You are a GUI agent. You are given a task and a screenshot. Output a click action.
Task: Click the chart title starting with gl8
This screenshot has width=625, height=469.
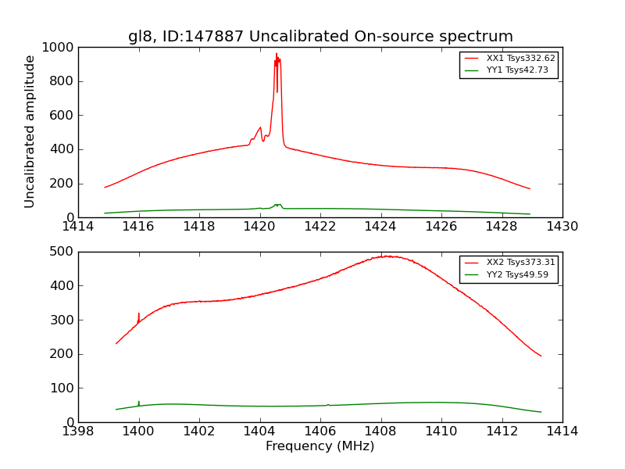pos(320,37)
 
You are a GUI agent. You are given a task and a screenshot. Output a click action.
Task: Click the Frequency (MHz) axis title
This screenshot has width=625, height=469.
pos(320,446)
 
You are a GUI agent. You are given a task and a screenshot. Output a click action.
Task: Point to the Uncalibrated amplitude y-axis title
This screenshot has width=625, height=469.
pos(30,131)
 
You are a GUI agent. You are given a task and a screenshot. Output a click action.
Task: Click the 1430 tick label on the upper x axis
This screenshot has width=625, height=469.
pos(562,227)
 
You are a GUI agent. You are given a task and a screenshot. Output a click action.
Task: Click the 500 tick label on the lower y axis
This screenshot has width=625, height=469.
pos(62,252)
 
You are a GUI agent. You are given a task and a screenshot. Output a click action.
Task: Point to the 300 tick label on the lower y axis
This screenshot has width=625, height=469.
pos(62,320)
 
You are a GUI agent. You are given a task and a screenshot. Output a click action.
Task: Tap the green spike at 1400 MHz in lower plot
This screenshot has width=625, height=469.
pos(139,403)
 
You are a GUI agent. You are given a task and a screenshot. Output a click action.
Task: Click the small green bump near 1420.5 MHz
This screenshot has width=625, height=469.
pos(277,205)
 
